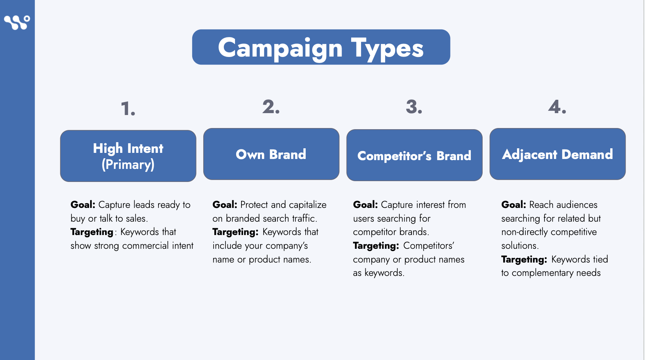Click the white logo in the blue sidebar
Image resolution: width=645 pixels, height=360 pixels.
17,23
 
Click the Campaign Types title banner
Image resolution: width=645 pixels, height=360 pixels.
321,47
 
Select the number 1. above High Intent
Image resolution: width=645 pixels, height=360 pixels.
128,109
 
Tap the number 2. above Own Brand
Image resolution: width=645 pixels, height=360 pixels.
271,107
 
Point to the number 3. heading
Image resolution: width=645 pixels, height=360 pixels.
414,107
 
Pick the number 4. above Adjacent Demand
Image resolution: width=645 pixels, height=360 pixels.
557,107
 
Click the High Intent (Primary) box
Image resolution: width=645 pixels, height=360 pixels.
128,156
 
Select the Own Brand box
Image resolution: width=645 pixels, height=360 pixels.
271,154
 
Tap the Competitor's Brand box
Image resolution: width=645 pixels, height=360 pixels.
414,155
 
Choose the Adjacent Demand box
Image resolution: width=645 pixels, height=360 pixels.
557,154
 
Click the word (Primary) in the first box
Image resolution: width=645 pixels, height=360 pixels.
128,164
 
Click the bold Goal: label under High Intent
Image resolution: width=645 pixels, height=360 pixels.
83,205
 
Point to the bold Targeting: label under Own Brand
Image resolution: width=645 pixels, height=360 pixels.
235,232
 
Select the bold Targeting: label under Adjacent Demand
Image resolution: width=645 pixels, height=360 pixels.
524,259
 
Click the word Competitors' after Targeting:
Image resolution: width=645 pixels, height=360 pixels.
429,246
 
